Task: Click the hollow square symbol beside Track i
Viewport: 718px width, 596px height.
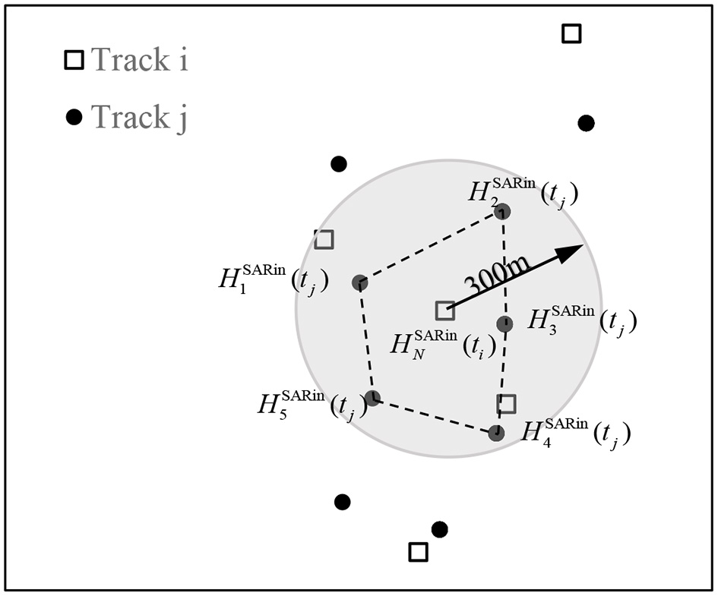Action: [x=74, y=60]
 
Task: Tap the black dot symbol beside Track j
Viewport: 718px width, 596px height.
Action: [x=74, y=117]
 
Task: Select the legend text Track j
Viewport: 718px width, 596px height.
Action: [x=139, y=117]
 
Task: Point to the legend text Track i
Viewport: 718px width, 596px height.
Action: [x=140, y=60]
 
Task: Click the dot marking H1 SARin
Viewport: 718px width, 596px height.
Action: [x=360, y=283]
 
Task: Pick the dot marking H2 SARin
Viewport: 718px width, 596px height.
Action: [x=502, y=211]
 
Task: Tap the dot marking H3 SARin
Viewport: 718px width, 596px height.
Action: [x=504, y=324]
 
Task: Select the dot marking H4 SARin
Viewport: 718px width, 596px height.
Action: [x=496, y=433]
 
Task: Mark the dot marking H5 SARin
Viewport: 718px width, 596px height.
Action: [x=372, y=398]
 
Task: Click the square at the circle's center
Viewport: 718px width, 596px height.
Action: [x=445, y=310]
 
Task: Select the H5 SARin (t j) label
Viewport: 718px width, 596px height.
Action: [x=312, y=402]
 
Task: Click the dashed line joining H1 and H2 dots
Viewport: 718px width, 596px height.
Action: [x=431, y=248]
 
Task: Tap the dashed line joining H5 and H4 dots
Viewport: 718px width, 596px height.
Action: [x=434, y=415]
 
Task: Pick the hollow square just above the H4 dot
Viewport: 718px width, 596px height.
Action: [x=506, y=404]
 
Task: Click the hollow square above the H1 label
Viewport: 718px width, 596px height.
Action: [x=324, y=239]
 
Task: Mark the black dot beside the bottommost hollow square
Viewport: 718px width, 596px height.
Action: [x=439, y=529]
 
